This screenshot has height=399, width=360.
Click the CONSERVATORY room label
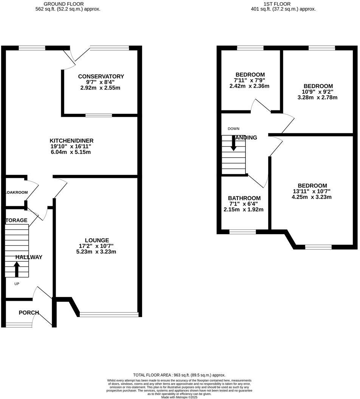[x=101, y=76]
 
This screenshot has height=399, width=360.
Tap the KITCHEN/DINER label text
[x=71, y=141]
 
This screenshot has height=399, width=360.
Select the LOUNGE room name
[x=97, y=240]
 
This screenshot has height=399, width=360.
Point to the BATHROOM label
[x=244, y=198]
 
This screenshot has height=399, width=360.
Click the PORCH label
[x=29, y=312]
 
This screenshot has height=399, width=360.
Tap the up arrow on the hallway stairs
[x=17, y=269]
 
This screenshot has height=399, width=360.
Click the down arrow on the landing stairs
[x=233, y=142]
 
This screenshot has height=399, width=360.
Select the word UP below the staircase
[x=17, y=283]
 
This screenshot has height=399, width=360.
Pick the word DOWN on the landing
[x=233, y=129]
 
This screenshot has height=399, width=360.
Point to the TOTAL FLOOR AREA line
[x=179, y=375]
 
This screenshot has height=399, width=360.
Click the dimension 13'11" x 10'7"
[x=312, y=191]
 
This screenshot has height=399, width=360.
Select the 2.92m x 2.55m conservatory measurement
[x=101, y=88]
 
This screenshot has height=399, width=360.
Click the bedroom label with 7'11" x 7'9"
[x=250, y=74]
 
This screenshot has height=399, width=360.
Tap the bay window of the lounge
[x=109, y=314]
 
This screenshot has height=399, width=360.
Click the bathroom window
[x=242, y=232]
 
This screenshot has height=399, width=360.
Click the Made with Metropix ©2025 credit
[x=179, y=397]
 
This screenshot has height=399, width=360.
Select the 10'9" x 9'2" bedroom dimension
[x=317, y=92]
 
